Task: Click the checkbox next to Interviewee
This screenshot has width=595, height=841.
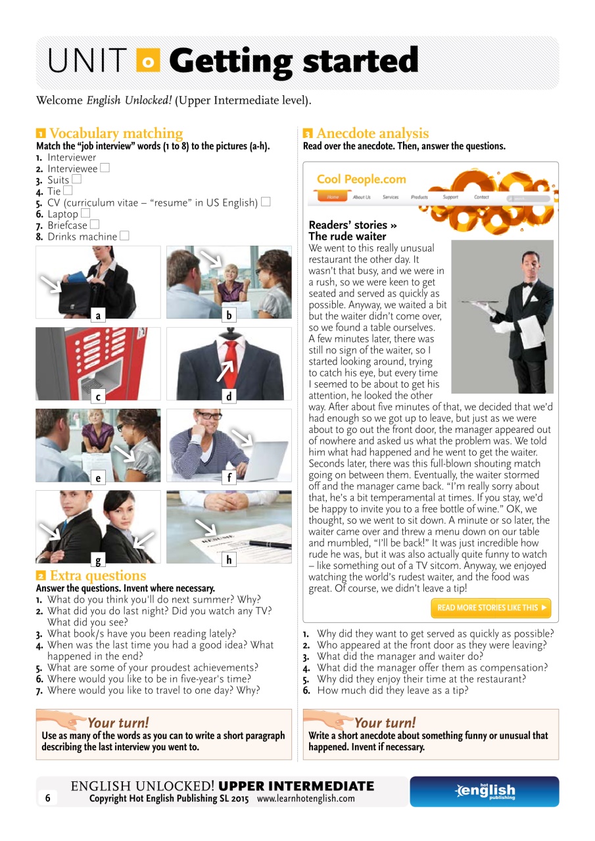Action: [105, 168]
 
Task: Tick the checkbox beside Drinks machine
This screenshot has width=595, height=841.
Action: [125, 236]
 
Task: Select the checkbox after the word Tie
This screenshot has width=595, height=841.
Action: [68, 191]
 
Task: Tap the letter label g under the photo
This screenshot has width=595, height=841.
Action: [98, 560]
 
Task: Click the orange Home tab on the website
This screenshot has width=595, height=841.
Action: [333, 197]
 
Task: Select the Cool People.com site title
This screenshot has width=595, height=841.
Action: [361, 179]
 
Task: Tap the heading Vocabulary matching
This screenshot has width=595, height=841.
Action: [116, 133]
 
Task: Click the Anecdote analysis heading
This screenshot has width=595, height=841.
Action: [372, 133]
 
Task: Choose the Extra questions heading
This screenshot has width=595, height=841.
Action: [98, 576]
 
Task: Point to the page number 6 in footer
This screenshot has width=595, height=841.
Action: [47, 798]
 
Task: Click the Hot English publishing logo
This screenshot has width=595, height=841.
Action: [485, 791]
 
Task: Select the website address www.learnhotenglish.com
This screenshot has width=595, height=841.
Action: [306, 799]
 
